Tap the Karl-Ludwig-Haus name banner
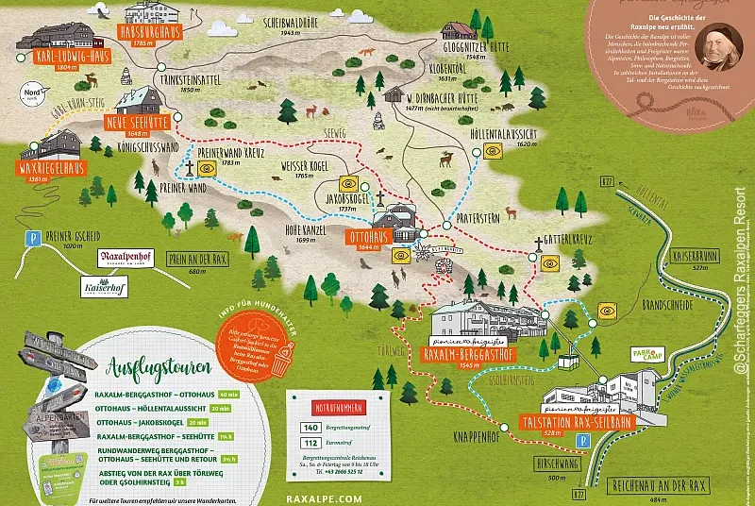71,56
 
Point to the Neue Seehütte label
143,121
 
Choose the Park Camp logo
629,353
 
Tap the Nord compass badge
31,96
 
